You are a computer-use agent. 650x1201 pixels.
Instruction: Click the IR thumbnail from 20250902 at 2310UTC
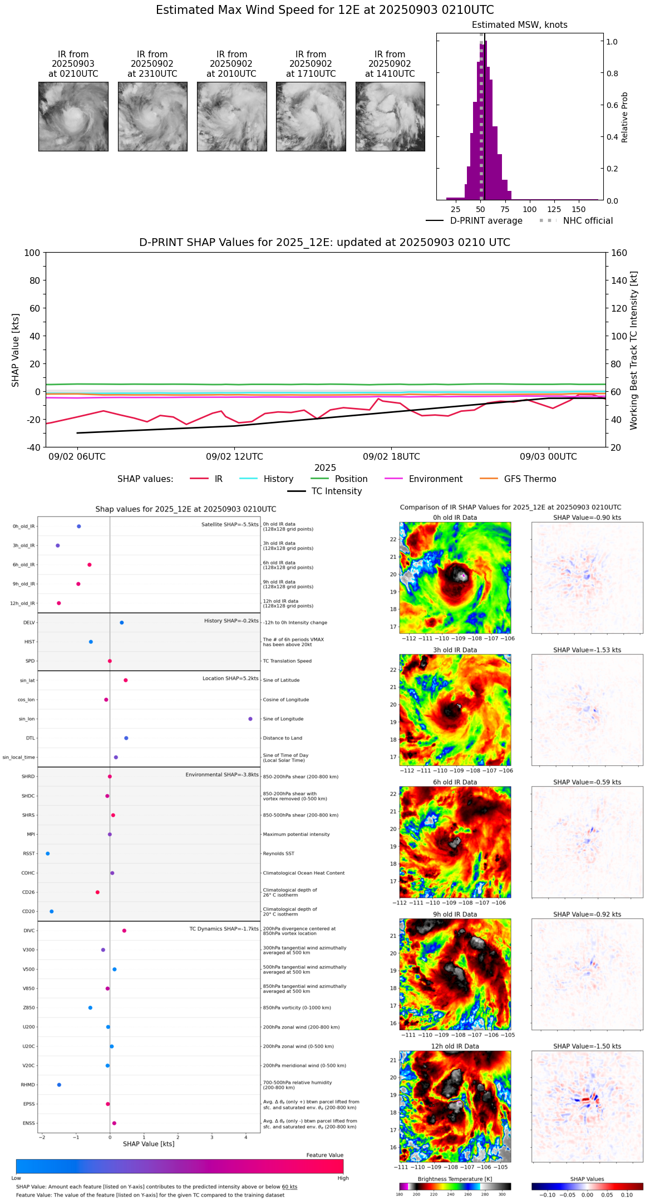pyautogui.click(x=152, y=116)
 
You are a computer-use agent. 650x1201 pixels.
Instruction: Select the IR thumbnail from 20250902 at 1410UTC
pyautogui.click(x=390, y=116)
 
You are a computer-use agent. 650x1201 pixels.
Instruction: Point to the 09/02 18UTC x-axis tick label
pyautogui.click(x=391, y=457)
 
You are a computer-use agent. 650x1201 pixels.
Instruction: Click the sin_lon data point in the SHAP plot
pyautogui.click(x=250, y=719)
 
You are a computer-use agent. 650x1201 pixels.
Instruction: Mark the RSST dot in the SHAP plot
pyautogui.click(x=48, y=854)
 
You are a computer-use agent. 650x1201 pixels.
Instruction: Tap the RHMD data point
pyautogui.click(x=59, y=1085)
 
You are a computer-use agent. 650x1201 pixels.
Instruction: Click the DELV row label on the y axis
pyautogui.click(x=29, y=623)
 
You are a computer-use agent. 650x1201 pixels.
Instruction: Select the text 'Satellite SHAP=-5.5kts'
pyautogui.click(x=230, y=525)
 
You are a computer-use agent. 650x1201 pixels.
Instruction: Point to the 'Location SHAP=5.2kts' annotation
pyautogui.click(x=230, y=678)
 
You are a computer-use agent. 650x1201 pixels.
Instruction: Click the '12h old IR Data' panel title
pyautogui.click(x=455, y=1046)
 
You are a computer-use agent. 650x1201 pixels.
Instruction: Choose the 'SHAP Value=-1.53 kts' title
pyautogui.click(x=587, y=650)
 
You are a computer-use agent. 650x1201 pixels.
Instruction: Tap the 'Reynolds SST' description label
pyautogui.click(x=278, y=854)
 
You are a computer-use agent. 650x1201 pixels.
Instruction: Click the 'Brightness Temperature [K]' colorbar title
pyautogui.click(x=455, y=1179)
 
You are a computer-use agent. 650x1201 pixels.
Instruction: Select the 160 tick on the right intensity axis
pyautogui.click(x=619, y=253)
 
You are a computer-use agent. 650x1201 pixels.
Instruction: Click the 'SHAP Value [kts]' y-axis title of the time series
pyautogui.click(x=16, y=350)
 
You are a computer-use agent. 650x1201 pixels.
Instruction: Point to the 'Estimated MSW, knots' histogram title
pyautogui.click(x=519, y=25)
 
